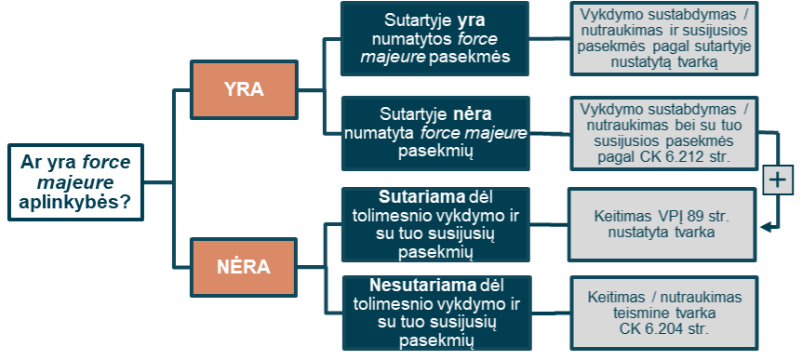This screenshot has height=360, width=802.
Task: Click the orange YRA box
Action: pyautogui.click(x=244, y=90)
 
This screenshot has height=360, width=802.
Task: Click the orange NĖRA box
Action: pyautogui.click(x=244, y=267)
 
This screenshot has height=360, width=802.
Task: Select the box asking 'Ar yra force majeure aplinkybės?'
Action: pyautogui.click(x=75, y=182)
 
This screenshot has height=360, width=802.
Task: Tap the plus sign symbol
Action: pyautogui.click(x=778, y=180)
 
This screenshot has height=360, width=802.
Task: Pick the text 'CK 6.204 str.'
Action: pyautogui.click(x=664, y=328)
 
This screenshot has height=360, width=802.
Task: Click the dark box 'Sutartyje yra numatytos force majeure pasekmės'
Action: pyautogui.click(x=434, y=38)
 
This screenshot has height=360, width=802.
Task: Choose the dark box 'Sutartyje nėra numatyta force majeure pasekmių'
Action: pyautogui.click(x=435, y=133)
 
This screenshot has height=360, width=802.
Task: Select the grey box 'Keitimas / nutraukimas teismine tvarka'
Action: pyautogui.click(x=664, y=313)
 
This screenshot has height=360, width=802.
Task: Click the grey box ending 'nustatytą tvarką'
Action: pyautogui.click(x=664, y=38)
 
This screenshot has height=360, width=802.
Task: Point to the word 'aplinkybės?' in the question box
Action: pyautogui.click(x=74, y=202)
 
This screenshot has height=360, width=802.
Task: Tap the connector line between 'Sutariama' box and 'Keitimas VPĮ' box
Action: pyautogui.click(x=548, y=224)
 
